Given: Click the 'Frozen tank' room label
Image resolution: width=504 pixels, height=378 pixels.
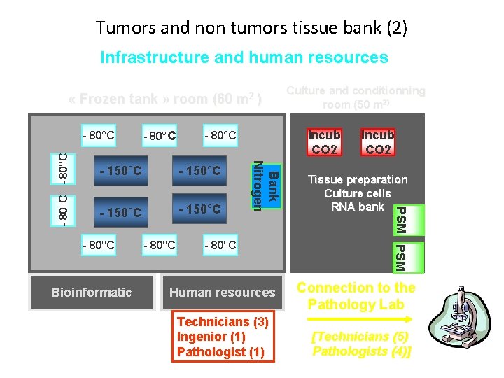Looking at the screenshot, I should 166,99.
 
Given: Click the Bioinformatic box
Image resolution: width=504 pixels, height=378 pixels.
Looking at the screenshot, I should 92,293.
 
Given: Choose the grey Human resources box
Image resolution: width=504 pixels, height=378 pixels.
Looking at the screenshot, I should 223,293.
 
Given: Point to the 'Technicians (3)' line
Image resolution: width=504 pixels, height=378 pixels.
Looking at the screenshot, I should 223,322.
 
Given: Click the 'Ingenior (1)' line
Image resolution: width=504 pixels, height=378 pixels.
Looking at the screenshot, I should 211,337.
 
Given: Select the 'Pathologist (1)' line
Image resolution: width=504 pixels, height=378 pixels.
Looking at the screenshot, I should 220,351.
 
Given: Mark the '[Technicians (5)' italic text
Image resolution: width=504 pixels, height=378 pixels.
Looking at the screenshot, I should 359,336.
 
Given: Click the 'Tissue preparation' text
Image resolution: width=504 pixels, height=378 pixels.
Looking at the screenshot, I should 358,180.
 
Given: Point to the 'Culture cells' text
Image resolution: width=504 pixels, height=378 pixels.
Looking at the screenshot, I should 358,193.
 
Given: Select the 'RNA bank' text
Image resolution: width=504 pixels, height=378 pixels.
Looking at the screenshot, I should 358,206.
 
